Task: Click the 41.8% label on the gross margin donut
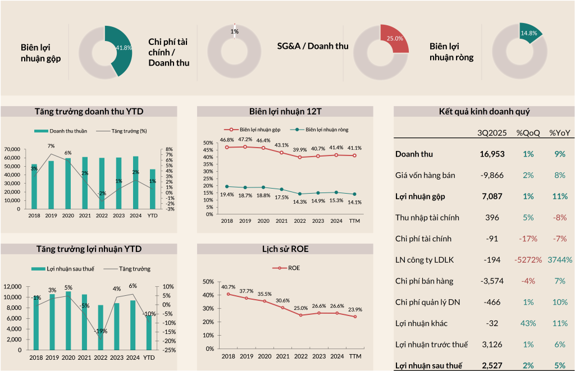coord(124,48)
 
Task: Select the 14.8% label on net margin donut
coord(528,33)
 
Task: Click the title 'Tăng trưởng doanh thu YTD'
coord(89,111)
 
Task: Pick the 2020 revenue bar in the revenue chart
coord(68,184)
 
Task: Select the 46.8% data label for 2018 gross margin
coord(227,140)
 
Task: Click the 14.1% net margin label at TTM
coord(355,202)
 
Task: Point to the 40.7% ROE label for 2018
coord(228,287)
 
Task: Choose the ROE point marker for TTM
coord(355,317)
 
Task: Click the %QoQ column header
coord(528,133)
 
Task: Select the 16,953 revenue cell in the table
coord(492,154)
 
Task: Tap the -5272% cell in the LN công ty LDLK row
coord(528,260)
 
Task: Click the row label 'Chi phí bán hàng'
coord(424,281)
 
